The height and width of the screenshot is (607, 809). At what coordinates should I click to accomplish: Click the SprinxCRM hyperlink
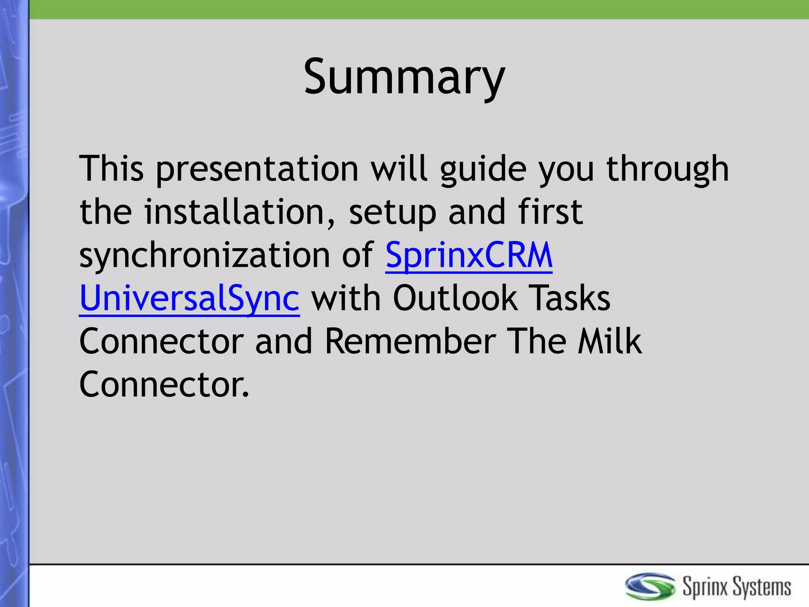[x=469, y=255]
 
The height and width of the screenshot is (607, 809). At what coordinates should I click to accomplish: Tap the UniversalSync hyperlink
[x=190, y=299]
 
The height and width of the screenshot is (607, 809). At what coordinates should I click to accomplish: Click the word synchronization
[x=204, y=256]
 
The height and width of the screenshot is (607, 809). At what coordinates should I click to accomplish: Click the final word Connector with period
[x=164, y=384]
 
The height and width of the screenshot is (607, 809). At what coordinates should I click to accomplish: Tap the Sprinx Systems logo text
[x=737, y=586]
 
